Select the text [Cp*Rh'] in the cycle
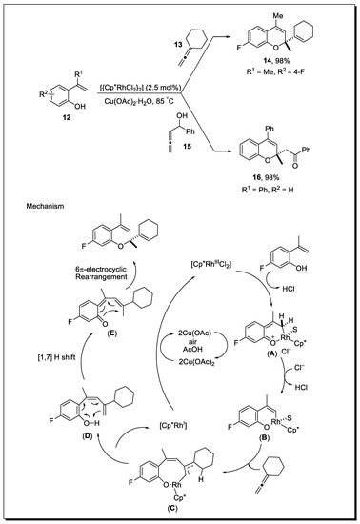tap(152, 418)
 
